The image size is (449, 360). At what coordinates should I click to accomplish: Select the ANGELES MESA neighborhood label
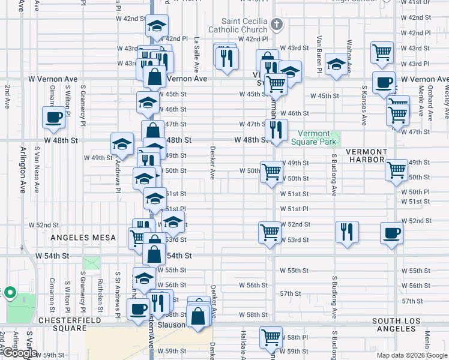click(83, 238)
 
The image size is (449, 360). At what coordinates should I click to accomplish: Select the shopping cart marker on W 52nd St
click(270, 231)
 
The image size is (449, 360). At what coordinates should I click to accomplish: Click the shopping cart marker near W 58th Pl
click(271, 337)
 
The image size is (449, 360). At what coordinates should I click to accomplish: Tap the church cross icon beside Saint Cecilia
click(276, 24)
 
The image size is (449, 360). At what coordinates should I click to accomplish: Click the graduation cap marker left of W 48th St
click(122, 144)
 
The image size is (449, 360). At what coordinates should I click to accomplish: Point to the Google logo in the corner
click(20, 353)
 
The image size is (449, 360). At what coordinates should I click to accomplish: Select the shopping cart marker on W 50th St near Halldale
click(271, 171)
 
